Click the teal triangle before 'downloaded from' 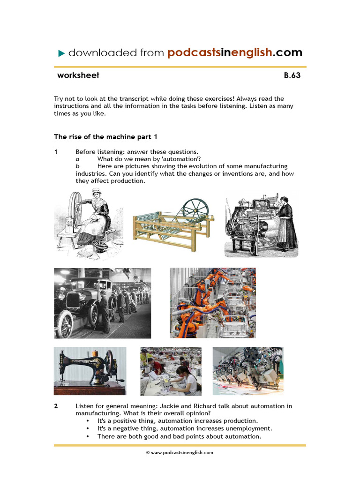pyautogui.click(x=61, y=53)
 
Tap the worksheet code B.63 pyautogui.click(x=292, y=75)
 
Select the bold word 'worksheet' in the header pyautogui.click(x=78, y=75)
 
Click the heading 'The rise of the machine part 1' pyautogui.click(x=106, y=137)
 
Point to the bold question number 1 pyautogui.click(x=56, y=152)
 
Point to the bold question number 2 pyautogui.click(x=56, y=406)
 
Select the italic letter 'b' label pyautogui.click(x=78, y=166)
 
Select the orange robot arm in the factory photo pyautogui.click(x=199, y=300)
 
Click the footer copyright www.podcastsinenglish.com pyautogui.click(x=180, y=453)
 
